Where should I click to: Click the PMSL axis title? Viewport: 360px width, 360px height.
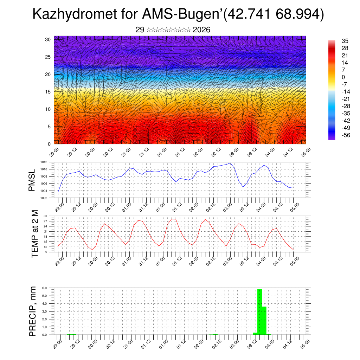tap(32, 180)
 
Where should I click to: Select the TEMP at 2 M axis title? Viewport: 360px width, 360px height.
tap(35, 233)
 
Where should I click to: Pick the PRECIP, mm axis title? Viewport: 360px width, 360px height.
tap(33, 311)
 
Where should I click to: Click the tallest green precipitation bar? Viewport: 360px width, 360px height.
tap(259, 311)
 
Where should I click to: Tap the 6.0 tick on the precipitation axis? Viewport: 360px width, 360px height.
tap(45, 288)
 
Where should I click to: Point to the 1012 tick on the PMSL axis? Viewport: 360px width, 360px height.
tap(44, 162)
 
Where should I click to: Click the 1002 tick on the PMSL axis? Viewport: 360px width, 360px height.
tap(44, 198)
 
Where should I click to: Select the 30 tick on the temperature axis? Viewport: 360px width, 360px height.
tap(45, 216)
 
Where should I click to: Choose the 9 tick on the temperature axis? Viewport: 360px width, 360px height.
tap(46, 252)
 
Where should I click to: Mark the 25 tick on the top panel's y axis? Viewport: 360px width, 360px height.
tap(48, 57)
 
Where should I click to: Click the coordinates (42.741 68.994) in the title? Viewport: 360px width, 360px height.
tap(273, 15)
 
